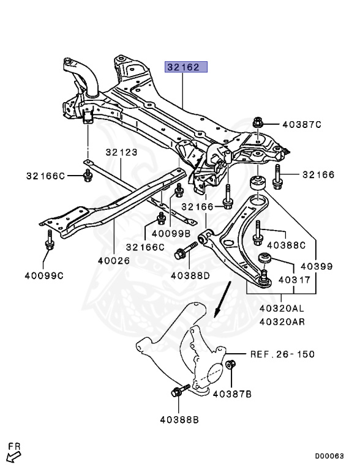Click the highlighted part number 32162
[x=183, y=67]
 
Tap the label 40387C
[x=302, y=124]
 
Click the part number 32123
[x=121, y=152]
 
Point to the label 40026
[x=114, y=261]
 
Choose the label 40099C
[x=44, y=275]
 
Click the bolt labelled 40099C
[x=50, y=240]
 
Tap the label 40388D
[x=190, y=275]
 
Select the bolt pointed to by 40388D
[x=186, y=251]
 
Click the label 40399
[x=317, y=266]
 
